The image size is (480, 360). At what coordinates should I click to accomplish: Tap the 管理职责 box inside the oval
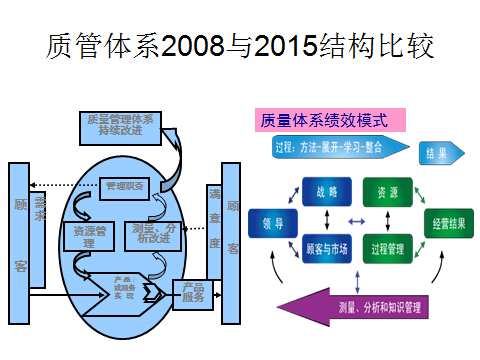pos(125,186)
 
